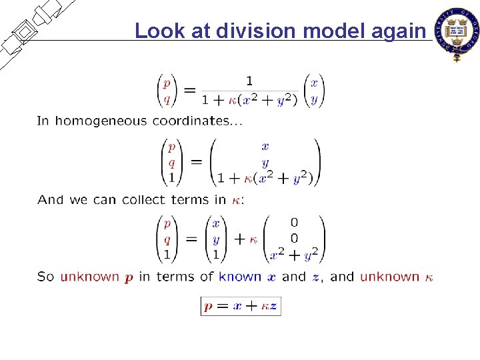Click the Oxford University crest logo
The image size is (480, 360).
point(457,33)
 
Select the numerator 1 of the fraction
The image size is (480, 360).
point(249,81)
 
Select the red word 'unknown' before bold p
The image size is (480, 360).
point(89,277)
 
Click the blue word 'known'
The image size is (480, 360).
point(240,277)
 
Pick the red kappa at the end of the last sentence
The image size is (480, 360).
point(429,277)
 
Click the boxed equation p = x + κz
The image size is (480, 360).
point(241,306)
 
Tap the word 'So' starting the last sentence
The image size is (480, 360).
point(45,277)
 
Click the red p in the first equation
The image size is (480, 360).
point(167,83)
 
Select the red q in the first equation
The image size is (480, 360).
point(167,99)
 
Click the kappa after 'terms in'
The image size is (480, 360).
point(237,200)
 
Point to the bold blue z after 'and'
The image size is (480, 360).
point(316,277)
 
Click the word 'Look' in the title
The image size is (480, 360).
point(155,31)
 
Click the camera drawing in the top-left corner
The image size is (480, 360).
point(30,30)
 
